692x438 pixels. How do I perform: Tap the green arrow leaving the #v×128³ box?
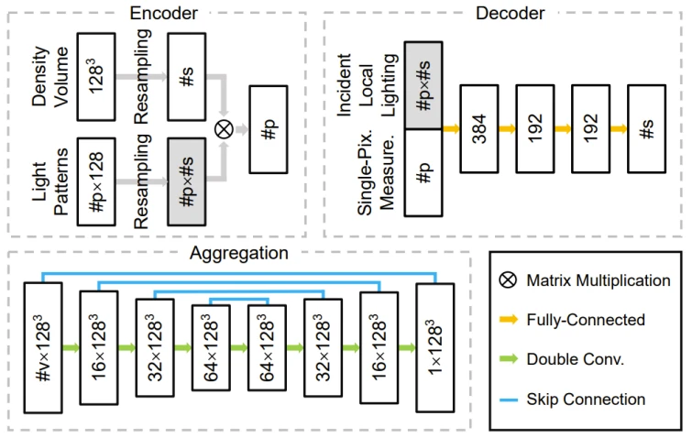click(x=71, y=347)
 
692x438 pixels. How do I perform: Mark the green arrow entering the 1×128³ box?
click(x=408, y=347)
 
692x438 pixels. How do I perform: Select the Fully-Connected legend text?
click(x=586, y=320)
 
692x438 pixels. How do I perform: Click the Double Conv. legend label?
click(x=576, y=359)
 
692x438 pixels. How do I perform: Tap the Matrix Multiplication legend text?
click(x=598, y=280)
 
